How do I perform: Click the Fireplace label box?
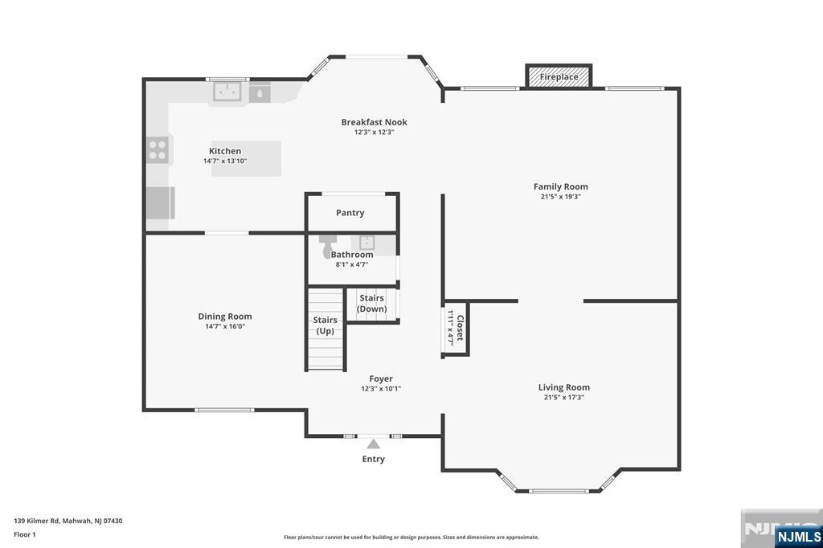click(x=559, y=77)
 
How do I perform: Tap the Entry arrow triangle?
click(x=373, y=444)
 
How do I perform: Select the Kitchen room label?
click(x=225, y=151)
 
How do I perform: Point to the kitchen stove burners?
click(x=158, y=150)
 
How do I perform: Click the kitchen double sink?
click(x=229, y=92)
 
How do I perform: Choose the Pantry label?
click(x=350, y=213)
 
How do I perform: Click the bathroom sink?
click(x=367, y=243)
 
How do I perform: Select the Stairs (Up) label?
click(x=325, y=325)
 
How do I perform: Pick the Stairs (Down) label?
click(x=372, y=304)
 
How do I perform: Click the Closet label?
click(x=460, y=328)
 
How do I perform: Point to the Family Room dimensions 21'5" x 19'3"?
click(x=561, y=196)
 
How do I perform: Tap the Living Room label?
click(x=563, y=387)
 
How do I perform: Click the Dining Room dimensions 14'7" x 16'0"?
click(x=224, y=326)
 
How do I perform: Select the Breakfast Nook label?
click(x=374, y=122)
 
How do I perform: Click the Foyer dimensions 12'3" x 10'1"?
click(x=381, y=389)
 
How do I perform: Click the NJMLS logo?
click(x=798, y=536)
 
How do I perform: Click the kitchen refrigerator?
click(x=159, y=202)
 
